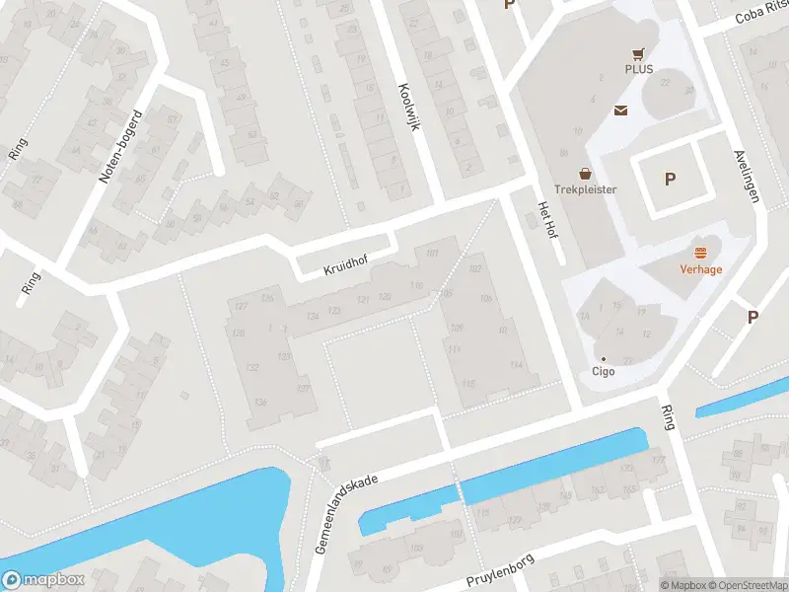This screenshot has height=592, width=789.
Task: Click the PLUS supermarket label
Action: click(x=638, y=69)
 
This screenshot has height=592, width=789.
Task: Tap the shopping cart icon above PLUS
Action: click(x=638, y=53)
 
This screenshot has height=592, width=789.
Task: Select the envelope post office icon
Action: click(x=622, y=110)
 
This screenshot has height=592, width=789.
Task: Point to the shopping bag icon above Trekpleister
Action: click(x=586, y=173)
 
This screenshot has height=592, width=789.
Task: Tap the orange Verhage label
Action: click(x=701, y=268)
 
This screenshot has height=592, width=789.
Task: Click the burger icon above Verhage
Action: click(x=701, y=253)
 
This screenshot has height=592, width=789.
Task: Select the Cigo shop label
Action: click(x=603, y=372)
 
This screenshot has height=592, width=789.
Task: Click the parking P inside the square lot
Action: click(x=670, y=180)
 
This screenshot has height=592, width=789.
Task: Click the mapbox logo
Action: click(x=42, y=580)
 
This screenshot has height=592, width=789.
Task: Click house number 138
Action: click(x=260, y=402)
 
